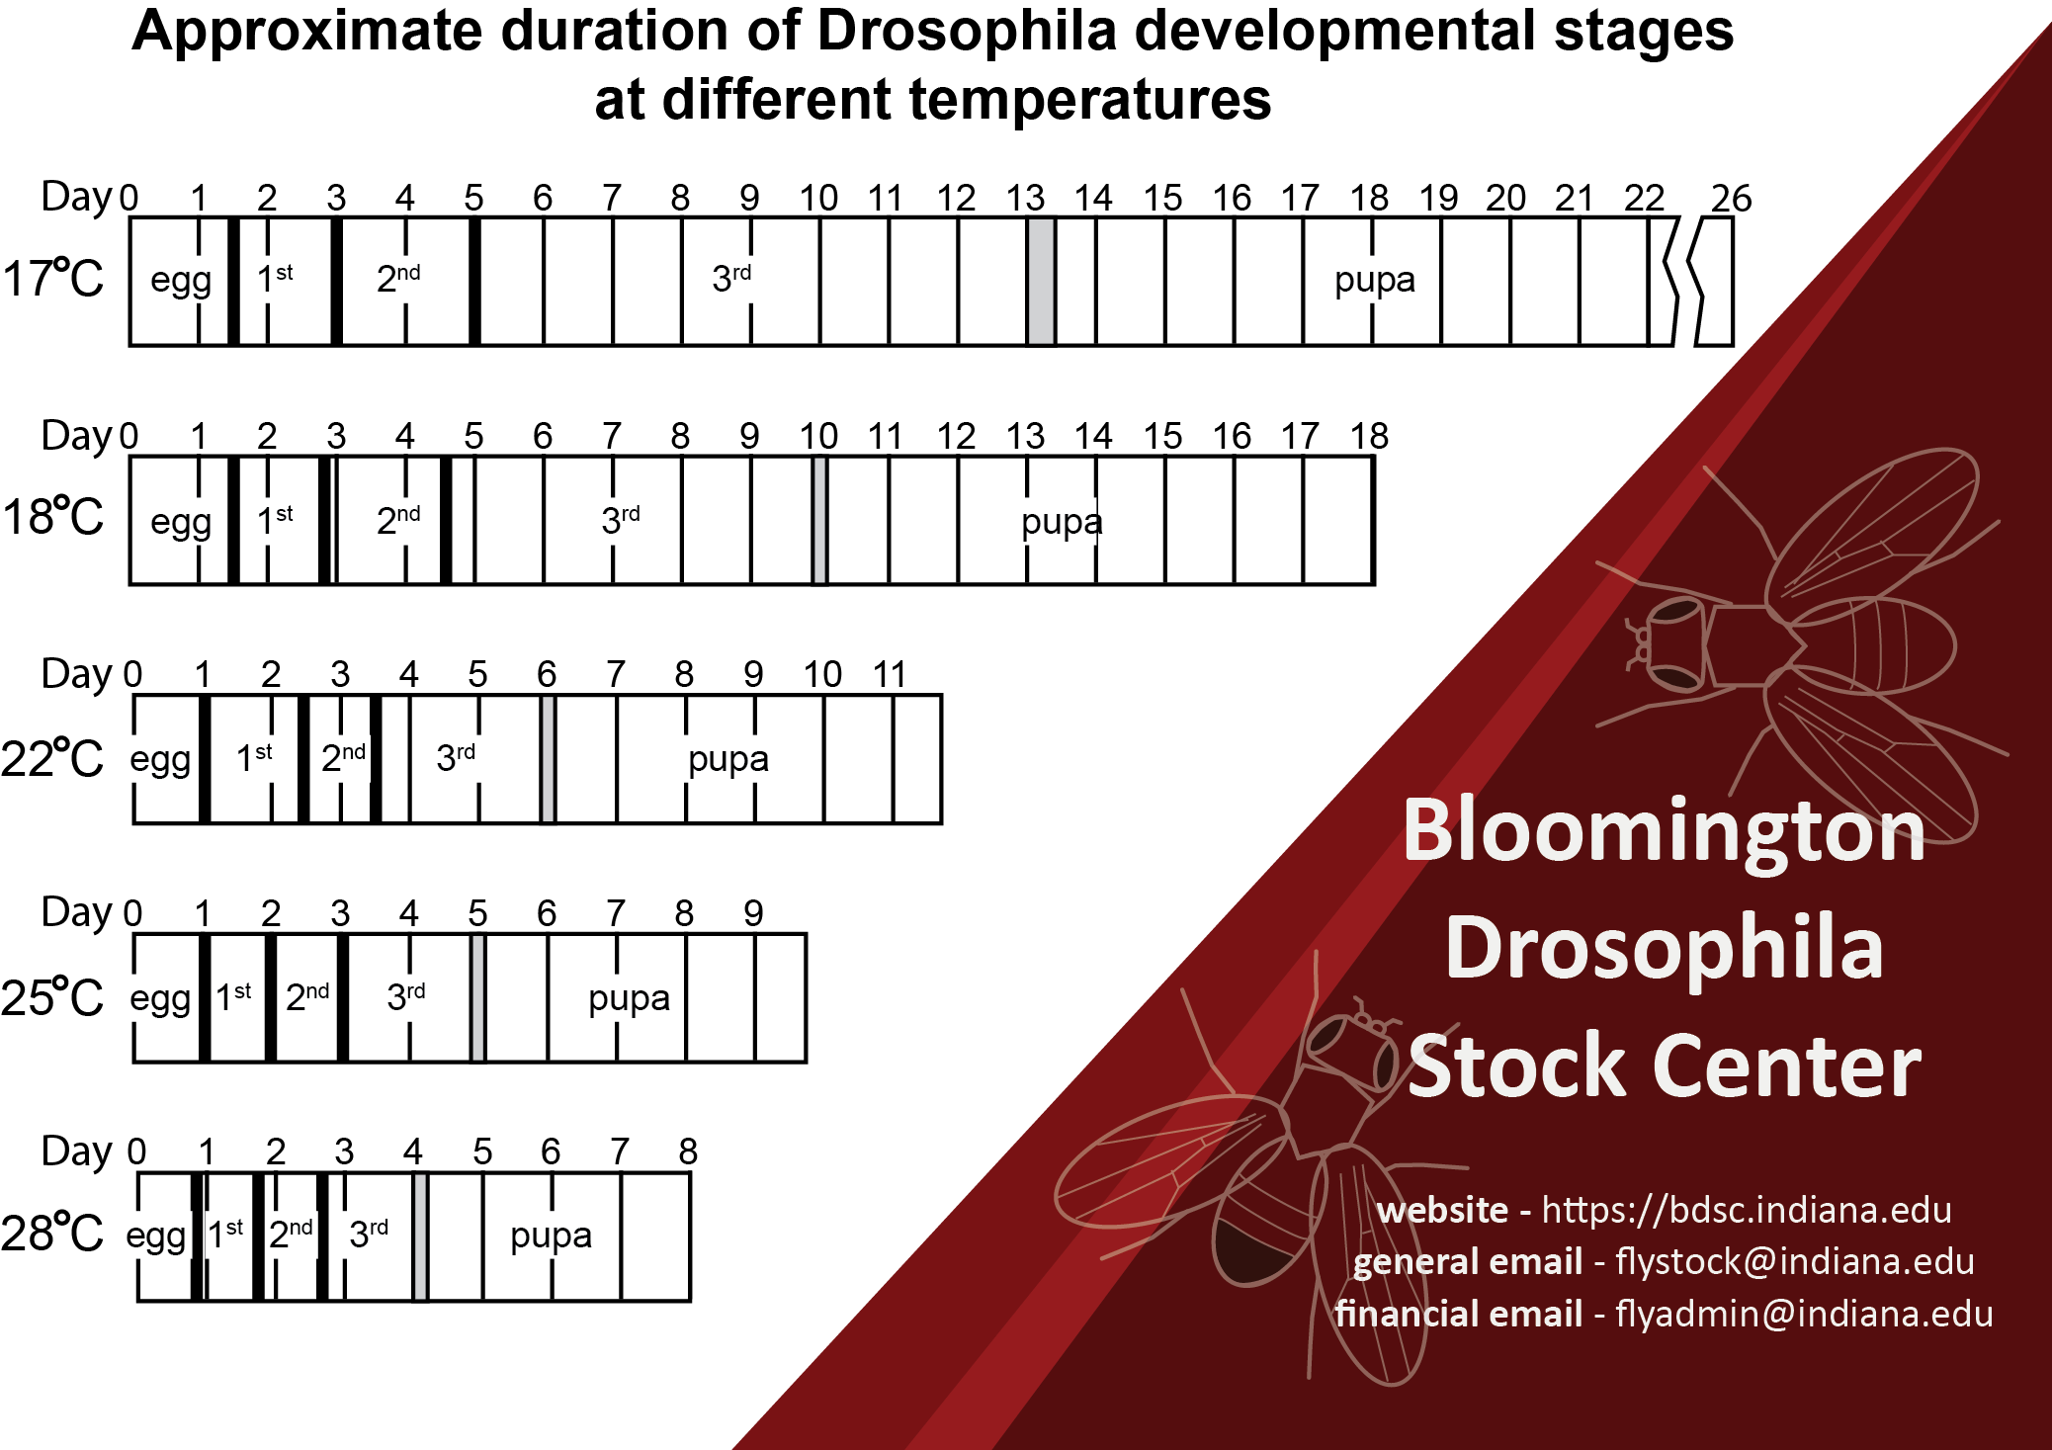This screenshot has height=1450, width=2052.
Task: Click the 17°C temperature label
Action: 53,279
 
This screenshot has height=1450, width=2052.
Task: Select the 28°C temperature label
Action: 53,1234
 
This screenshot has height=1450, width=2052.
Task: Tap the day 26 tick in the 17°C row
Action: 1731,199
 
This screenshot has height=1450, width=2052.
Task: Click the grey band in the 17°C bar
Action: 1041,282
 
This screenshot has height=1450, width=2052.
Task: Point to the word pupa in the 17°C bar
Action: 1374,281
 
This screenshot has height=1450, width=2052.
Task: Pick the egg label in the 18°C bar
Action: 180,522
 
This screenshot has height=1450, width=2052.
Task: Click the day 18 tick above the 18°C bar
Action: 1369,436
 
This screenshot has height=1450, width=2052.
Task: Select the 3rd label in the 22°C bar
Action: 456,757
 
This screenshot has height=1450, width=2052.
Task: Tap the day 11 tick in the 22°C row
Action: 890,675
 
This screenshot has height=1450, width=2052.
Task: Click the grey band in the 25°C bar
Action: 477,998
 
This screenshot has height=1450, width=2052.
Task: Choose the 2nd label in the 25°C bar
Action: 307,996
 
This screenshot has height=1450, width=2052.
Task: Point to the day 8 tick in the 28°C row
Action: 688,1151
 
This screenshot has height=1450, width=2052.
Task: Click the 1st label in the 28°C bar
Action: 225,1234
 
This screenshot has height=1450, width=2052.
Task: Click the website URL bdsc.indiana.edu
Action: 1747,1210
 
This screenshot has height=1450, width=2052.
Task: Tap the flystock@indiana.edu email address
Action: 1794,1262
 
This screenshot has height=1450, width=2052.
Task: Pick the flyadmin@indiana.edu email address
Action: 1804,1315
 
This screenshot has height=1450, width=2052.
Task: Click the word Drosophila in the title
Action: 967,32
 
